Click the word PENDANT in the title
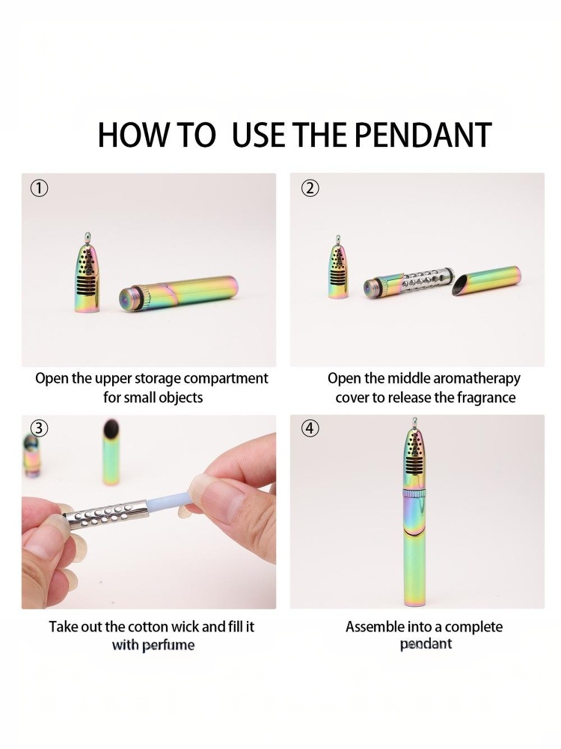tap(423, 135)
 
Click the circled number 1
tap(40, 189)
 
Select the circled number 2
tap(310, 189)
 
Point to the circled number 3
tap(40, 428)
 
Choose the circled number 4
tap(310, 428)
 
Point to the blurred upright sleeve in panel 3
tap(111, 452)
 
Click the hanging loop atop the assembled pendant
tap(414, 422)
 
